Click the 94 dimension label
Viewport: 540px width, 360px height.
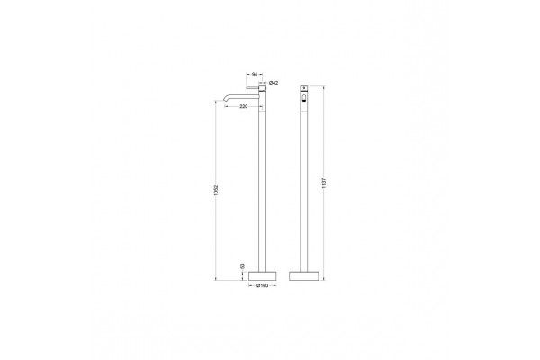(x=255, y=74)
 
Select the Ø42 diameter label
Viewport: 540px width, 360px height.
(x=274, y=83)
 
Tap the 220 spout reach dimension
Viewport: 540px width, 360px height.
(x=244, y=106)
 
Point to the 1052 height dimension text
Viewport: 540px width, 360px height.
(x=216, y=191)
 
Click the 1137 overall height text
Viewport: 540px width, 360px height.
(x=323, y=183)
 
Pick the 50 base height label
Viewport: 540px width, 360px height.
(x=242, y=266)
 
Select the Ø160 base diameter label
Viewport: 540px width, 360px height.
(x=263, y=285)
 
